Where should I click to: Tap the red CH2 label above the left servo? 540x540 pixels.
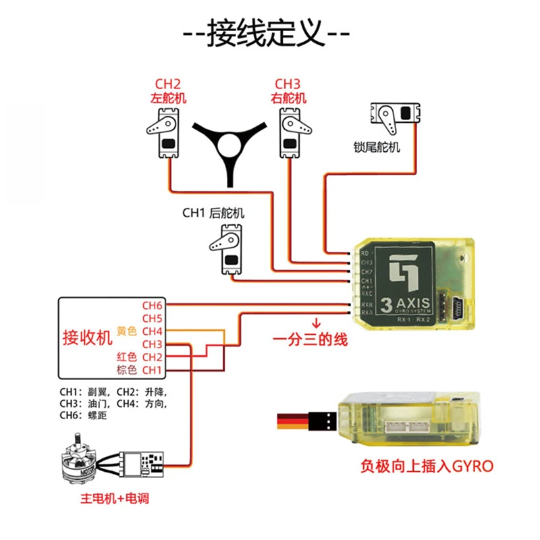[x=167, y=84]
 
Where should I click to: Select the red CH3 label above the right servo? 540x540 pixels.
[x=288, y=84]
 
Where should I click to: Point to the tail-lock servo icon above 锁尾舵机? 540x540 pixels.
[x=395, y=119]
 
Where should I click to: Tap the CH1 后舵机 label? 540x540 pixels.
[x=213, y=213]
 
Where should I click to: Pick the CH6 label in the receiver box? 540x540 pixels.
[x=152, y=306]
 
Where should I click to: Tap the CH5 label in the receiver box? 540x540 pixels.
[x=152, y=319]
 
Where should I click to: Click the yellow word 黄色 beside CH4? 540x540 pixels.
[x=126, y=331]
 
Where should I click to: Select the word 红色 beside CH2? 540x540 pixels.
[x=126, y=356]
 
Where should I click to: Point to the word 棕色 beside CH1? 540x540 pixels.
[x=126, y=370]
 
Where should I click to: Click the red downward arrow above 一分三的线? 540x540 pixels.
[x=315, y=322]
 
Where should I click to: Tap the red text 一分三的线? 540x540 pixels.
[x=310, y=340]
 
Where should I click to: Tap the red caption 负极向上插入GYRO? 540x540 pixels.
[x=427, y=466]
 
